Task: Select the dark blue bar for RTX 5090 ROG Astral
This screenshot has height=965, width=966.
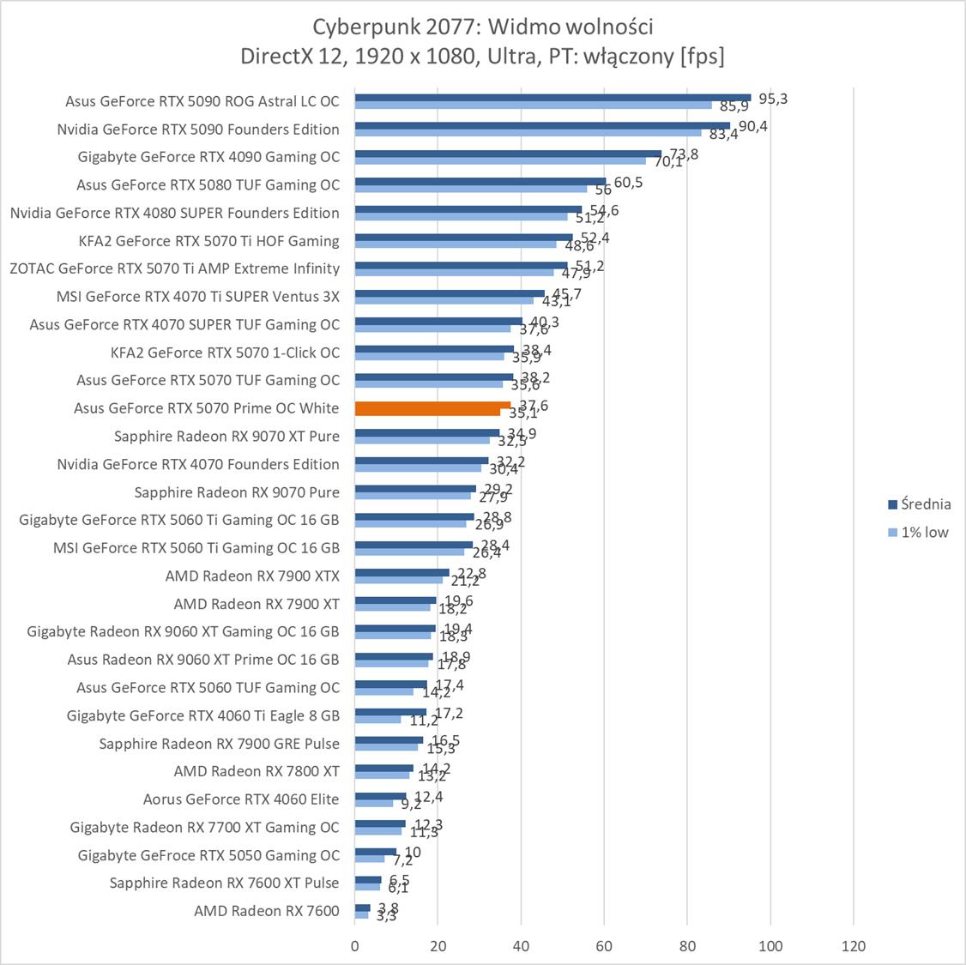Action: pos(552,98)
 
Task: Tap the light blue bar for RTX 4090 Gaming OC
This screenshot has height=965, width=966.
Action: pos(500,160)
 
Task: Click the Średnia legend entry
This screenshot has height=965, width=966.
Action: pos(925,504)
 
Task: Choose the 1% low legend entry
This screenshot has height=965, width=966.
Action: pos(924,532)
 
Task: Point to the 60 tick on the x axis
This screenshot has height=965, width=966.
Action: pos(604,946)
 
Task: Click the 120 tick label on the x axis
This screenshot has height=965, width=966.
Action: pos(854,946)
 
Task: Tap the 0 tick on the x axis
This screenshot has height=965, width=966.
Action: pos(355,946)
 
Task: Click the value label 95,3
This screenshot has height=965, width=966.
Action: pos(773,99)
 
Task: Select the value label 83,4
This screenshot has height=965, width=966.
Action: pos(723,135)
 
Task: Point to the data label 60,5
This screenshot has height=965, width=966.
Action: pos(628,182)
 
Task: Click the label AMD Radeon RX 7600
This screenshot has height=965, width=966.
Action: pos(267,911)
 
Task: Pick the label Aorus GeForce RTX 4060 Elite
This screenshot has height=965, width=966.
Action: pos(241,799)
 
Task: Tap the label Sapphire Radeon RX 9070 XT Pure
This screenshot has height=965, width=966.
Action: pos(226,437)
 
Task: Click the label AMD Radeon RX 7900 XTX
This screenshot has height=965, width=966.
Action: pos(252,576)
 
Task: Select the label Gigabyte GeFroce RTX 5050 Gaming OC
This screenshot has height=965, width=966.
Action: pos(208,855)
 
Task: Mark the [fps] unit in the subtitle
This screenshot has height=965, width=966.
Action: pos(702,56)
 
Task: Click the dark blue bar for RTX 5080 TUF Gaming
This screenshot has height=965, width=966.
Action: pos(480,182)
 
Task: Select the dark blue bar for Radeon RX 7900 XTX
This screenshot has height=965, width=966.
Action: pos(401,572)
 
